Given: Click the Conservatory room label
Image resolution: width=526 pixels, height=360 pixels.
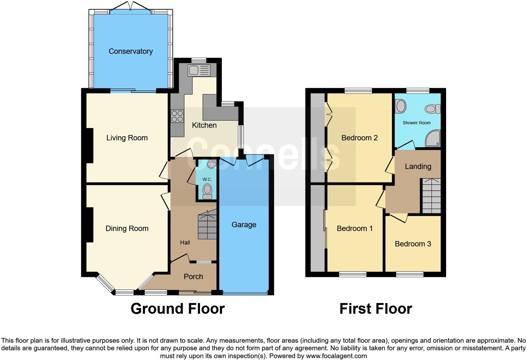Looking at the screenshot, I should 131,51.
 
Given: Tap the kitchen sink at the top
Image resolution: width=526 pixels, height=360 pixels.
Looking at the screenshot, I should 199,70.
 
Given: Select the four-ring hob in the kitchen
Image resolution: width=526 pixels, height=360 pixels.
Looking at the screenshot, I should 177,116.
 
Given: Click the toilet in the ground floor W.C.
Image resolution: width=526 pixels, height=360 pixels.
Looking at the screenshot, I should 207,191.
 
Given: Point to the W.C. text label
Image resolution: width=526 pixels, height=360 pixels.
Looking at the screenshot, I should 207,179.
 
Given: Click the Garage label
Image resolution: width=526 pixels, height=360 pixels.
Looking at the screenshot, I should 244,225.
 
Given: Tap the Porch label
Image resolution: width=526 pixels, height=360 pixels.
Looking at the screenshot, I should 193,277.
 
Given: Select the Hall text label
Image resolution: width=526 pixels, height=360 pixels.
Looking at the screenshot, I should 185,243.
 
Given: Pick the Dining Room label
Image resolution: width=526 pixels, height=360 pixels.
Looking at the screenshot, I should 127,228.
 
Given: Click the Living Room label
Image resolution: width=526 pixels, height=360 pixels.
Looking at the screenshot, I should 127,138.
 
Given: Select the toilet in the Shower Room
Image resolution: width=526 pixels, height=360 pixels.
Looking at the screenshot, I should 433,109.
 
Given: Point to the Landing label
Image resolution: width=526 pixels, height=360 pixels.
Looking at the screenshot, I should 418,166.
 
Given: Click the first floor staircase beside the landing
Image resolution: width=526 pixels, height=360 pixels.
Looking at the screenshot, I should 431,196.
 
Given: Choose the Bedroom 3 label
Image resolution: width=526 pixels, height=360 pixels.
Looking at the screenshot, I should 413,244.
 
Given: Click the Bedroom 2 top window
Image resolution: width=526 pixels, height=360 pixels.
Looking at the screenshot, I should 358,91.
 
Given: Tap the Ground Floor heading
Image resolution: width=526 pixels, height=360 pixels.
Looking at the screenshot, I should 177,309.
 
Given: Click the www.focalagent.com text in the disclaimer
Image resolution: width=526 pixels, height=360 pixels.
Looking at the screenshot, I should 336,356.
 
